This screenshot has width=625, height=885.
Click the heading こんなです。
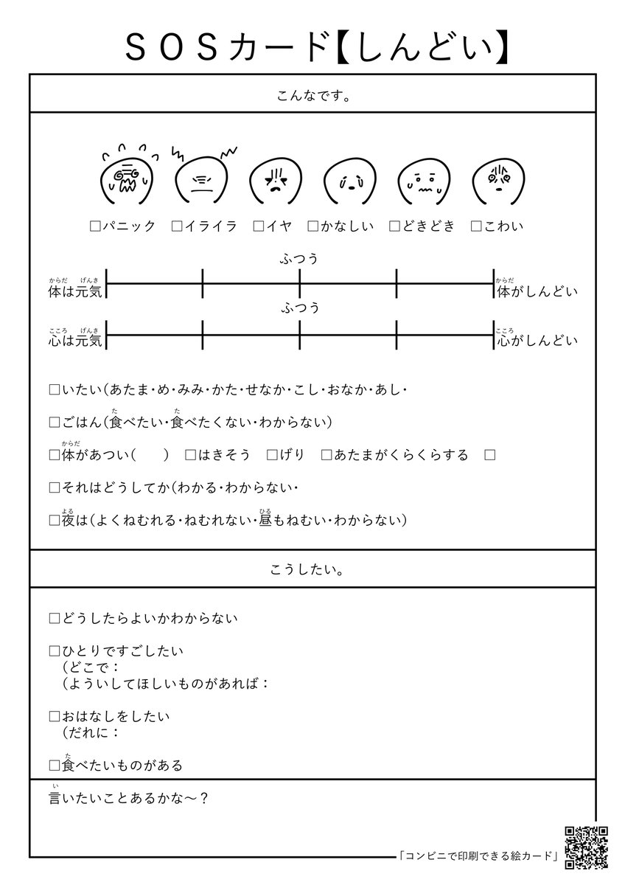click(x=312, y=95)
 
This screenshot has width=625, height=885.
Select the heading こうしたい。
click(x=312, y=570)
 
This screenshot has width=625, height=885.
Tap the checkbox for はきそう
click(x=190, y=456)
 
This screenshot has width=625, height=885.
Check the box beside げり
click(x=272, y=456)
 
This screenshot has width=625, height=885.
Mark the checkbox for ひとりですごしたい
click(x=54, y=651)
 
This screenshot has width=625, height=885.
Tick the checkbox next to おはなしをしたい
click(x=54, y=716)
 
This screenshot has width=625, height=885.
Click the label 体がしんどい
click(x=537, y=291)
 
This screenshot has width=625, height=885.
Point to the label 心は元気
click(x=76, y=340)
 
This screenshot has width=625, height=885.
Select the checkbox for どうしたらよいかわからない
click(x=54, y=619)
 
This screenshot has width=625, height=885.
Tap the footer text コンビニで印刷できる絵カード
click(x=477, y=856)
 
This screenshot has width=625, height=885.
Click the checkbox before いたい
click(x=54, y=389)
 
